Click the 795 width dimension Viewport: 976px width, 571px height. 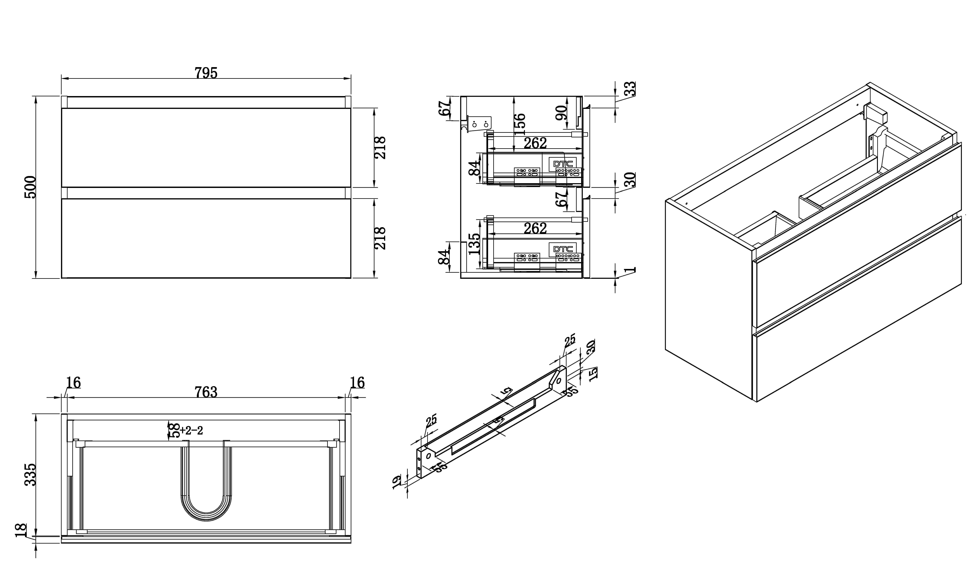(x=206, y=73)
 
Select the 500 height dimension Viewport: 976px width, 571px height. (x=30, y=187)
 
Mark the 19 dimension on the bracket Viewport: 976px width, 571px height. (x=397, y=482)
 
